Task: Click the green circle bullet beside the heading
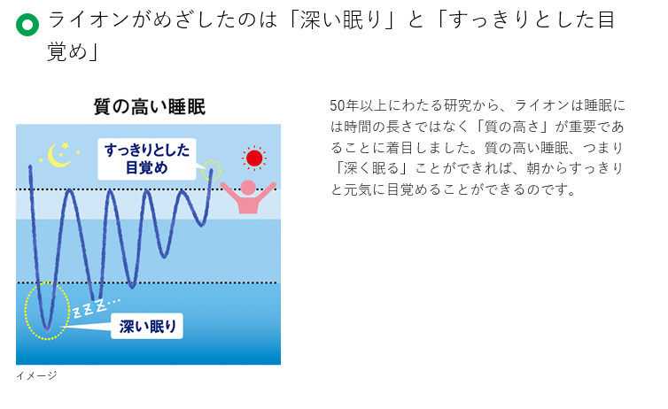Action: [x=27, y=25]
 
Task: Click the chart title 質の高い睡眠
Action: [x=149, y=107]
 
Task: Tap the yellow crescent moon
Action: [x=59, y=156]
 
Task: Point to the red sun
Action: [x=254, y=158]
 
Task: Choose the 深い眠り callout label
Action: [x=148, y=326]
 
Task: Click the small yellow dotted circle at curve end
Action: [x=211, y=169]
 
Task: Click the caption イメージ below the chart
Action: [x=36, y=375]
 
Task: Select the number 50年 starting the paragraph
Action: [x=344, y=104]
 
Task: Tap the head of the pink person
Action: [x=248, y=187]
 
